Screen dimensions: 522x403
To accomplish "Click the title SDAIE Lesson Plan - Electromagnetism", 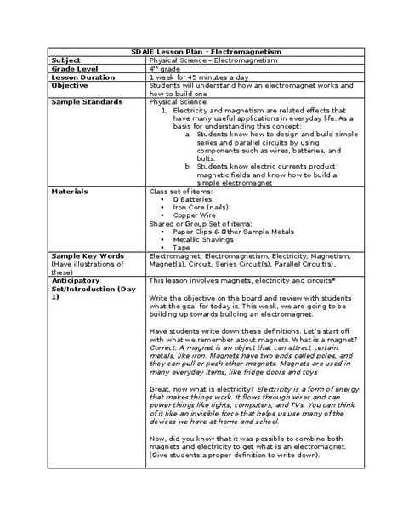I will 201,53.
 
